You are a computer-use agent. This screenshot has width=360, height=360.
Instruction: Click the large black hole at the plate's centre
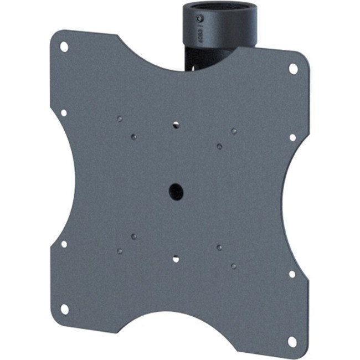[176, 192]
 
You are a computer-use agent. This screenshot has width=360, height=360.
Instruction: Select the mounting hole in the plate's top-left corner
[64, 47]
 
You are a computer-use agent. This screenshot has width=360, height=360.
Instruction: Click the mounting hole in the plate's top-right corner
[293, 69]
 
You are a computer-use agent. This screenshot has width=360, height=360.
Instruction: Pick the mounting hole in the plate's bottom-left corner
[65, 308]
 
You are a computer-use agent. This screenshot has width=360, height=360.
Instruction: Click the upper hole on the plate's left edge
[64, 113]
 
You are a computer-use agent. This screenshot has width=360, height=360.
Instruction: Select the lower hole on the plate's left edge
[64, 244]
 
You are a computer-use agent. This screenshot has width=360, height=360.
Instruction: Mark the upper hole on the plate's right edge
[292, 137]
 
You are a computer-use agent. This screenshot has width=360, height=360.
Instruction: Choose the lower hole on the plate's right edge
[292, 274]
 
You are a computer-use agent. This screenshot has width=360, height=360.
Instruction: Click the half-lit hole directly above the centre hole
[176, 125]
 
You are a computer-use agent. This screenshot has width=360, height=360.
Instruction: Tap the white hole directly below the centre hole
[176, 259]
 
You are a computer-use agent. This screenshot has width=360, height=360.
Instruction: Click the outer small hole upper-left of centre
[120, 118]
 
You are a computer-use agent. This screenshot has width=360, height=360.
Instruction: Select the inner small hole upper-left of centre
[133, 136]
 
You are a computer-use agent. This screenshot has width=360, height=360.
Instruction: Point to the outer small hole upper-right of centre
[234, 131]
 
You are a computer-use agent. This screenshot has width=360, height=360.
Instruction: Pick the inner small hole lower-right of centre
[219, 247]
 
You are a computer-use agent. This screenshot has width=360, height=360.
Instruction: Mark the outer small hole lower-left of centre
[120, 251]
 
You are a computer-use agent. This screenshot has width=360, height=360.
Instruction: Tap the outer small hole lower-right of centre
[234, 266]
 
